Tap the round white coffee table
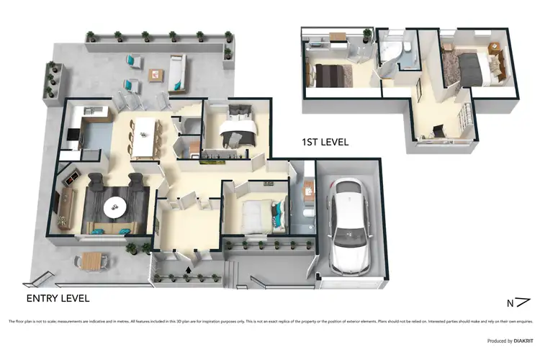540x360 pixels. tap(115, 208)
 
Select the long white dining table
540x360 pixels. tap(145, 137)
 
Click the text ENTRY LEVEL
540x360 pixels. tap(58, 297)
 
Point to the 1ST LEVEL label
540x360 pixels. tap(325, 143)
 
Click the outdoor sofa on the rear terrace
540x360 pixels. tap(176, 73)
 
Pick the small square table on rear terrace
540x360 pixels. tap(156, 74)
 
